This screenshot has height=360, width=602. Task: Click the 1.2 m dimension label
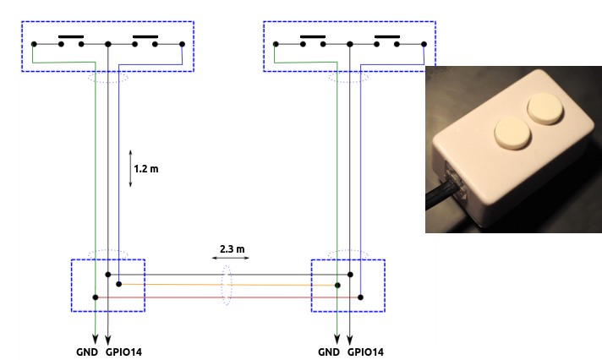146,169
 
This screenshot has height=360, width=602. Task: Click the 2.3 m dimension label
231,249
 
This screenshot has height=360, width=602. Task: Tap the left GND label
83,351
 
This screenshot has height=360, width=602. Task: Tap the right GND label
328,351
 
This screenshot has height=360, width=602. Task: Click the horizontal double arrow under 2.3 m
230,260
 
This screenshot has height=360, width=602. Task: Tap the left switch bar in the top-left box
71,37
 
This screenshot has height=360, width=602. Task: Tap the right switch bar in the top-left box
145,37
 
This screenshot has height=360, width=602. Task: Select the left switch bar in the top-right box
313,37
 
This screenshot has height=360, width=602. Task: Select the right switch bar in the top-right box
387,37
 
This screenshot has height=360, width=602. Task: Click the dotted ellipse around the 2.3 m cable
226,286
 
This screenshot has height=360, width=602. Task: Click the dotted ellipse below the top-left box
108,77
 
